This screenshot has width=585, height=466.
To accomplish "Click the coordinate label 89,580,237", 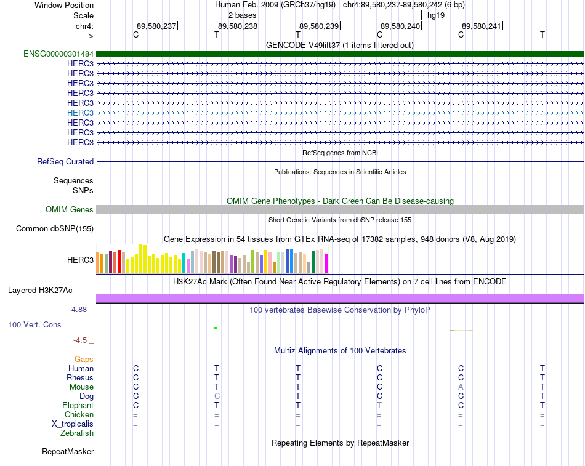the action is [x=156, y=26].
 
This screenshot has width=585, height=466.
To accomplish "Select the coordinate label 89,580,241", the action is [x=482, y=26].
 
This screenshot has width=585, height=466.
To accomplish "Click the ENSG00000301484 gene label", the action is [x=58, y=54].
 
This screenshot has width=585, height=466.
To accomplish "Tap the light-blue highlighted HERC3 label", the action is [x=80, y=113].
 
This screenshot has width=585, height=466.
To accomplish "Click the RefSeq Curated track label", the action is [x=65, y=161].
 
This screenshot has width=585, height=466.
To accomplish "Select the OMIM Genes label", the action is [x=70, y=210].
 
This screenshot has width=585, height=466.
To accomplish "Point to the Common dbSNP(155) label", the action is [x=55, y=229].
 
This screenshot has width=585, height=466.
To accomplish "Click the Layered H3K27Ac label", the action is [x=40, y=291].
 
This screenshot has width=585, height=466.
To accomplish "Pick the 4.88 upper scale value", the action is [x=79, y=309].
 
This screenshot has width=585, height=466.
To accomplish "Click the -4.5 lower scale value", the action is [x=80, y=340].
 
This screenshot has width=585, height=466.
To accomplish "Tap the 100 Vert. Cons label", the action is [x=34, y=324].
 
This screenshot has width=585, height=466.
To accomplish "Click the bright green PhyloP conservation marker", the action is [x=216, y=327].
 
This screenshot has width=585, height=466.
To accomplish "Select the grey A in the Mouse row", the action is [x=461, y=387].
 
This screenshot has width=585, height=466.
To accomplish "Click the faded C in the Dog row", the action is [x=217, y=396].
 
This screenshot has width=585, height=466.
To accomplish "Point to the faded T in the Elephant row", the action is [x=379, y=405].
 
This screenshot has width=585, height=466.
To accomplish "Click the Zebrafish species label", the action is [x=77, y=433].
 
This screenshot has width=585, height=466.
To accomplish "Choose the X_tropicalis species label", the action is [x=73, y=424].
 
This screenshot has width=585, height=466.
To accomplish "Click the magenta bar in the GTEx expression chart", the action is [x=326, y=263].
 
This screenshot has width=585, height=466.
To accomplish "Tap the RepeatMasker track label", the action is [x=68, y=451].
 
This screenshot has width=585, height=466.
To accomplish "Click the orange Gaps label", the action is [x=84, y=360].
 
